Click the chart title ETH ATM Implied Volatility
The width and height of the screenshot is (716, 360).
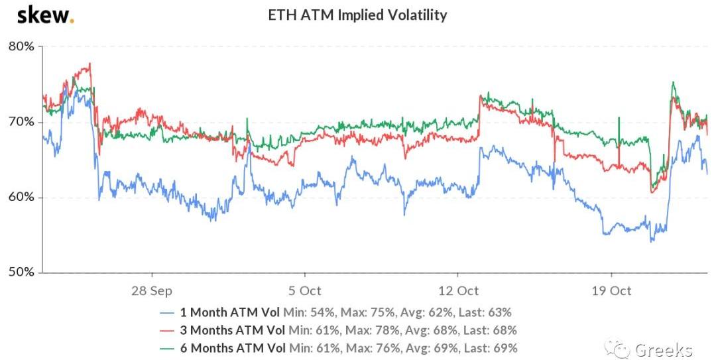pos(357,15)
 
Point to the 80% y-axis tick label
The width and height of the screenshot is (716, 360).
pos(22,47)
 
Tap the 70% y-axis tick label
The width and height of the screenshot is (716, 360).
pos(22,122)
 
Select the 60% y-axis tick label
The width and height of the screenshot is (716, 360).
pos(22,198)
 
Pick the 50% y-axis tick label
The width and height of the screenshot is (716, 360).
pos(22,272)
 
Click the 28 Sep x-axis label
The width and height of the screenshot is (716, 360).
pos(152,290)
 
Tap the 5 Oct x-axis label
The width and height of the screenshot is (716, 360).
pos(304,290)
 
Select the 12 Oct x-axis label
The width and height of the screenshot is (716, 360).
pos(457,290)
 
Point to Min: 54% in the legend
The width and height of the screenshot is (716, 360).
pos(305,312)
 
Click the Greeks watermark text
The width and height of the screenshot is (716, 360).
pos(663,349)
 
